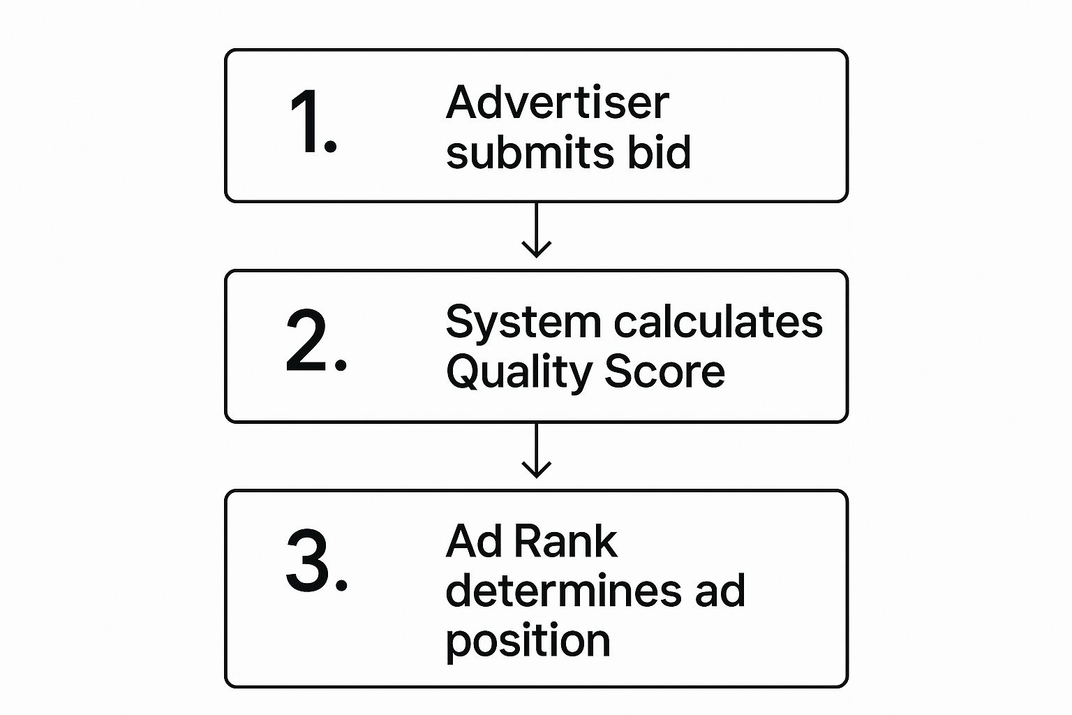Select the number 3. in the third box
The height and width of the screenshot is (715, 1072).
coord(315,561)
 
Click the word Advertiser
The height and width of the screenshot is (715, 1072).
coord(557,103)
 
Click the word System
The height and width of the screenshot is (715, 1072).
coord(523,323)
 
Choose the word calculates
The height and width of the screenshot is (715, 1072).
coord(718,323)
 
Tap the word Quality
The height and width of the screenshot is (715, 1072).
coord(519,372)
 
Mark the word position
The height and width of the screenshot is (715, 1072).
coord(528,641)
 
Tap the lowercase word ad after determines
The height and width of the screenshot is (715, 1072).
coord(720,591)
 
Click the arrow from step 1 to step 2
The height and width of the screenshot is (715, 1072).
coord(536,230)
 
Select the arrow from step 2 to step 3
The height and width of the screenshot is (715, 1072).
coord(536,451)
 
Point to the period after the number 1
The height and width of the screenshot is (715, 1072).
coord(332,147)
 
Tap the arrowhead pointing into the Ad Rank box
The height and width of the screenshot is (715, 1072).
coord(536,471)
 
